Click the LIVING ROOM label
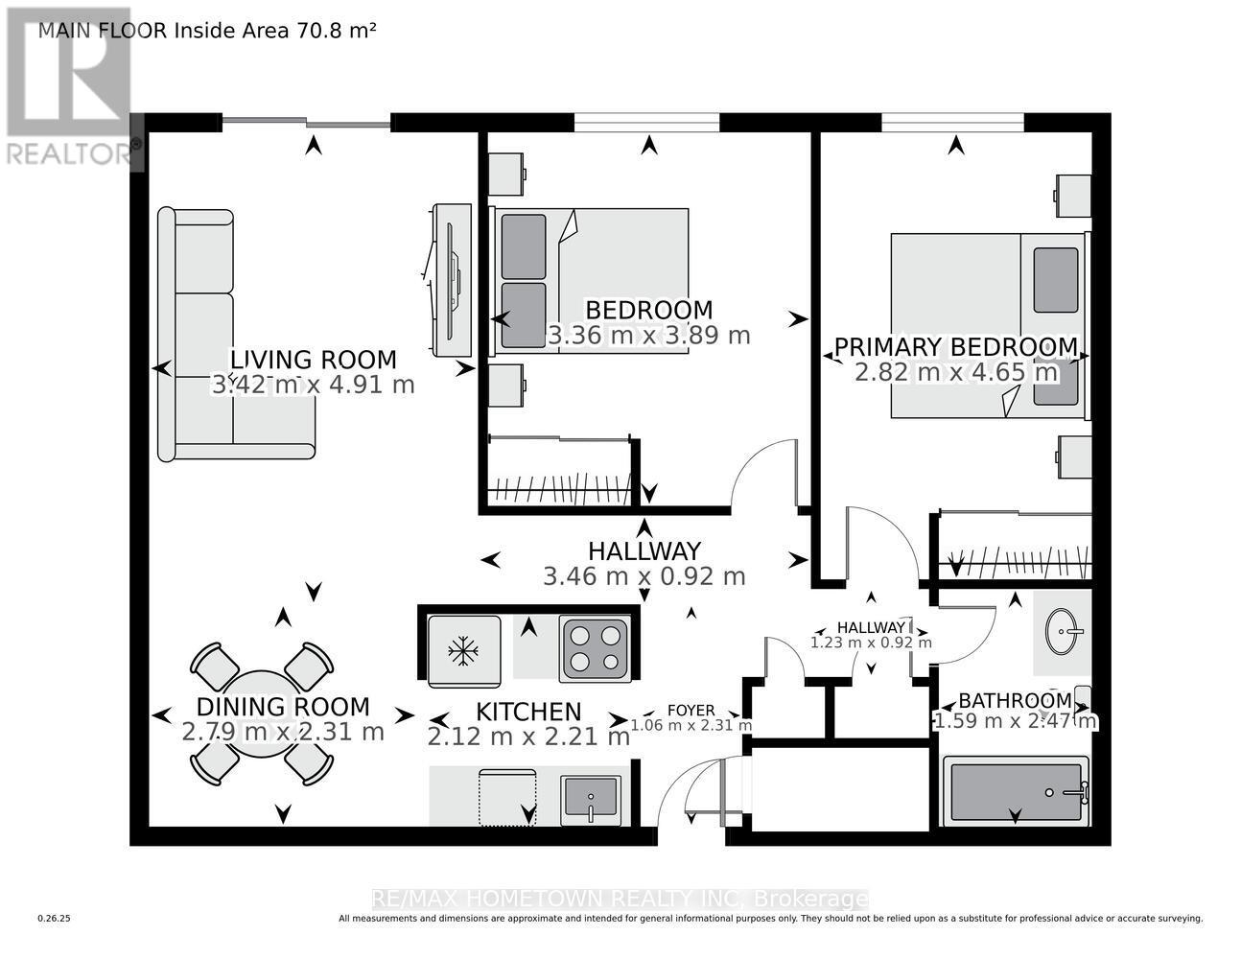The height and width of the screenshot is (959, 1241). (x=314, y=360)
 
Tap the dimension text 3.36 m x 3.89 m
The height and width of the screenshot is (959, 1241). (x=648, y=336)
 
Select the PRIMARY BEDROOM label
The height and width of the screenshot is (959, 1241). (x=955, y=346)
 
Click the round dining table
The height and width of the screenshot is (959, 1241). (x=261, y=712)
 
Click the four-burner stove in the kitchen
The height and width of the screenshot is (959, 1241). (x=595, y=647)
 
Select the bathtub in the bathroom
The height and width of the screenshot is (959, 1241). (x=1017, y=791)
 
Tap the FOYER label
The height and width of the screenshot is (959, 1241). (x=691, y=711)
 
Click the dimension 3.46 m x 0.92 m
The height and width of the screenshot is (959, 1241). (x=644, y=576)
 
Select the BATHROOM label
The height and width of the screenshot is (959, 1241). (x=1015, y=700)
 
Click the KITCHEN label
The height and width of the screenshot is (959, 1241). (x=528, y=712)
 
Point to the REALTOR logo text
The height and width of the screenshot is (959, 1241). (x=72, y=152)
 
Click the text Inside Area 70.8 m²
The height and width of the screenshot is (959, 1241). (x=273, y=30)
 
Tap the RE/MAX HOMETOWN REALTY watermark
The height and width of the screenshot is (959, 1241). (x=620, y=900)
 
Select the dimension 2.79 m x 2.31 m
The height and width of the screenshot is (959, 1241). (x=283, y=732)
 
